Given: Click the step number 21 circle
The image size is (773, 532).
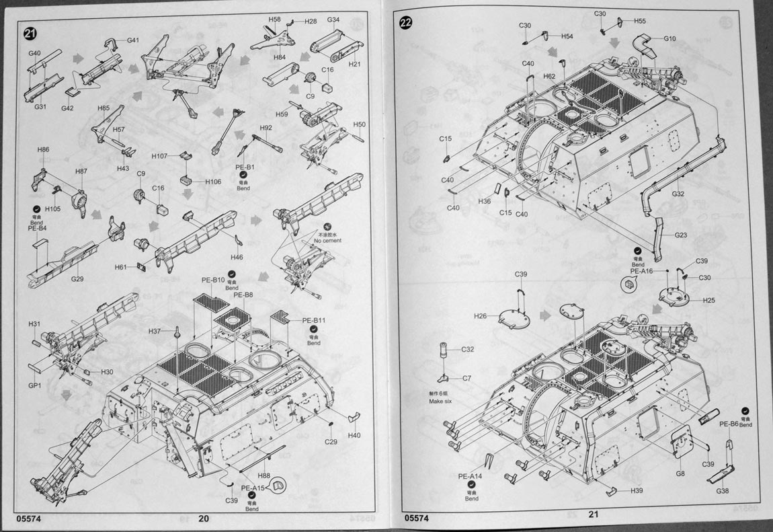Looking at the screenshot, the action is pyautogui.click(x=30, y=35).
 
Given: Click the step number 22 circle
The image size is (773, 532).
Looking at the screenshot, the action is pyautogui.click(x=406, y=22).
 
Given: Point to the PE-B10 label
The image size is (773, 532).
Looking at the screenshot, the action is pyautogui.click(x=213, y=280).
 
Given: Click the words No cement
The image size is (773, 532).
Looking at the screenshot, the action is pyautogui.click(x=328, y=240).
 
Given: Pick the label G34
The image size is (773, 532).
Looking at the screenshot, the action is pyautogui.click(x=333, y=20).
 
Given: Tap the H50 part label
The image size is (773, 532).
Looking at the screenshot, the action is pyautogui.click(x=359, y=124).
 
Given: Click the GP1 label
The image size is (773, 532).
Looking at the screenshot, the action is pyautogui.click(x=35, y=385).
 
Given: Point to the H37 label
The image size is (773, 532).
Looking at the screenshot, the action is pyautogui.click(x=155, y=331).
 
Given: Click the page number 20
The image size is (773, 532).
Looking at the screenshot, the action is pyautogui.click(x=204, y=519).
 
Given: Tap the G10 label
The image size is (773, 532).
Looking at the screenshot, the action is pyautogui.click(x=669, y=38).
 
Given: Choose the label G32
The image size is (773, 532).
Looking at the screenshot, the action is pyautogui.click(x=678, y=194).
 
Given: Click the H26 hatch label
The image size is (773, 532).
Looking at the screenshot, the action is pyautogui.click(x=480, y=316).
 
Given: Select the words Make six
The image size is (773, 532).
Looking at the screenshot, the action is pyautogui.click(x=442, y=402).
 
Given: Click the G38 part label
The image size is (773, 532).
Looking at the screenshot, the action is pyautogui.click(x=723, y=490).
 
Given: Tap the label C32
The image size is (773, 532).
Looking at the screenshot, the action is pyautogui.click(x=468, y=350).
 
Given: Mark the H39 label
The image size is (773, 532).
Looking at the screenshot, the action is pyautogui.click(x=637, y=490).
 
